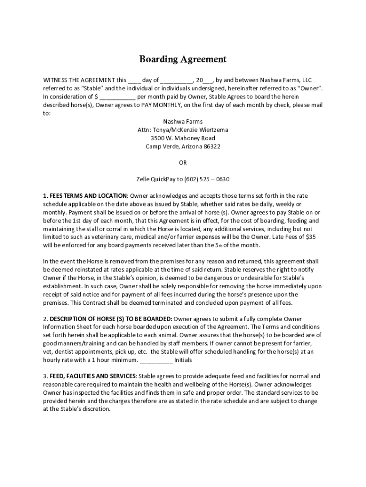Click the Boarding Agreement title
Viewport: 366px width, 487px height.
[x=183, y=59]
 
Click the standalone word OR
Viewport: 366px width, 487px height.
[x=183, y=163]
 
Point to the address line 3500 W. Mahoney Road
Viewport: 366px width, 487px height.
[x=183, y=138]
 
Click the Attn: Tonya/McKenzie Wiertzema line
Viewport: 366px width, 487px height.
[x=183, y=130]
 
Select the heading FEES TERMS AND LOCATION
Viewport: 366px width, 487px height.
[x=87, y=196]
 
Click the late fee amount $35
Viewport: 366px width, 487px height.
[x=312, y=237]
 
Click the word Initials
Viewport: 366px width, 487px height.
[x=184, y=360]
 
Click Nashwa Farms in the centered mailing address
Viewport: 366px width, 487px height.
[x=183, y=122]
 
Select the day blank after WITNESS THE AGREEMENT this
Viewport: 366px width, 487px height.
[x=134, y=80]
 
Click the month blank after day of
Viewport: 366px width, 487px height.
[x=176, y=80]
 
